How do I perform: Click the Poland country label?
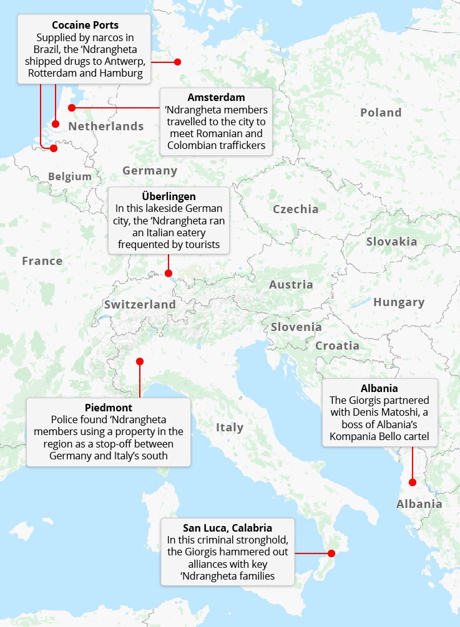pyautogui.click(x=381, y=113)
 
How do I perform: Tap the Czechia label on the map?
pyautogui.click(x=295, y=209)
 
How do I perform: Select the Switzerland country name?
pyautogui.click(x=140, y=305)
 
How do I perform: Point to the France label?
pyautogui.click(x=42, y=261)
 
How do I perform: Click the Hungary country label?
pyautogui.click(x=399, y=302)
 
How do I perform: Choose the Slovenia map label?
pyautogui.click(x=296, y=327)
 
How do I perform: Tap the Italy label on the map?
pyautogui.click(x=230, y=428)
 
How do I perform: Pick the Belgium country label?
pyautogui.click(x=70, y=177)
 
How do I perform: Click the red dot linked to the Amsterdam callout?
pyautogui.click(x=72, y=108)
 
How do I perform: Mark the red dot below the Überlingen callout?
pyautogui.click(x=169, y=273)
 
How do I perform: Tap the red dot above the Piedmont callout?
pyautogui.click(x=140, y=361)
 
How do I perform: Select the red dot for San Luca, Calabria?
pyautogui.click(x=331, y=553)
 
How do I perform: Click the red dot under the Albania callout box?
pyautogui.click(x=412, y=482)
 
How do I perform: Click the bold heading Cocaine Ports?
pyautogui.click(x=85, y=26)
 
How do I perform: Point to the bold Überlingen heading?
pyautogui.click(x=169, y=197)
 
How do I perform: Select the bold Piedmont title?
pyautogui.click(x=107, y=407)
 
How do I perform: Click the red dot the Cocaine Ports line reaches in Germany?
pyautogui.click(x=177, y=62)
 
